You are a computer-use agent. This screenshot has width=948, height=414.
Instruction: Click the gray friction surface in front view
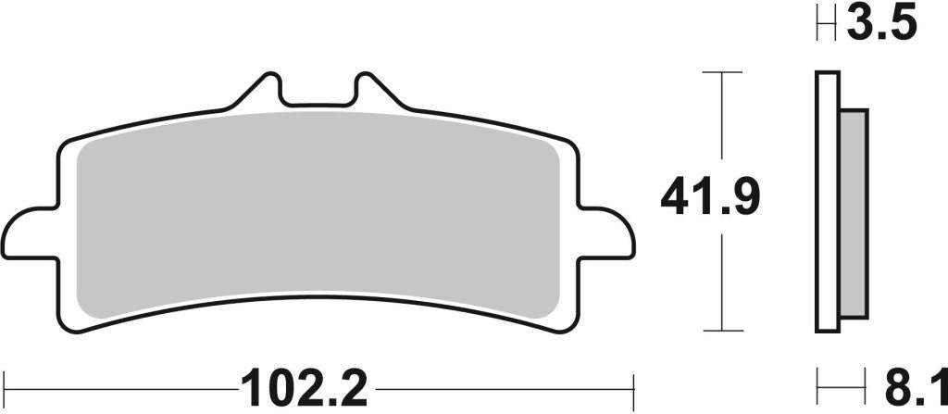(x=315, y=213)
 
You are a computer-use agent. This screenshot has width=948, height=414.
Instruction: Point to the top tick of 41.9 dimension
(x=722, y=71)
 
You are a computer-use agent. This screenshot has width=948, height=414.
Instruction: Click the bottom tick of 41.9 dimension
(x=722, y=331)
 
